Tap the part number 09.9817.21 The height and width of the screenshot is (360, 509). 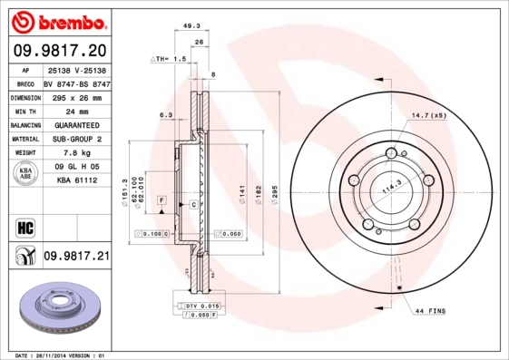(x=75, y=257)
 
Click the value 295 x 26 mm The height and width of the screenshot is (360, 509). (x=75, y=96)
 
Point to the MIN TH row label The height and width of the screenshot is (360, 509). (x=24, y=110)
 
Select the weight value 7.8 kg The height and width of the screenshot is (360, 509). (x=75, y=153)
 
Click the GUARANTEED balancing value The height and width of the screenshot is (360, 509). (x=75, y=124)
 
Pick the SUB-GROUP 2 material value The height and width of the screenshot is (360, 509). (x=75, y=139)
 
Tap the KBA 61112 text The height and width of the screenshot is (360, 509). (x=75, y=180)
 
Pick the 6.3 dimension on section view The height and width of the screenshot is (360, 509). (x=165, y=115)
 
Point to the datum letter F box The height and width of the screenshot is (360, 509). (x=161, y=199)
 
